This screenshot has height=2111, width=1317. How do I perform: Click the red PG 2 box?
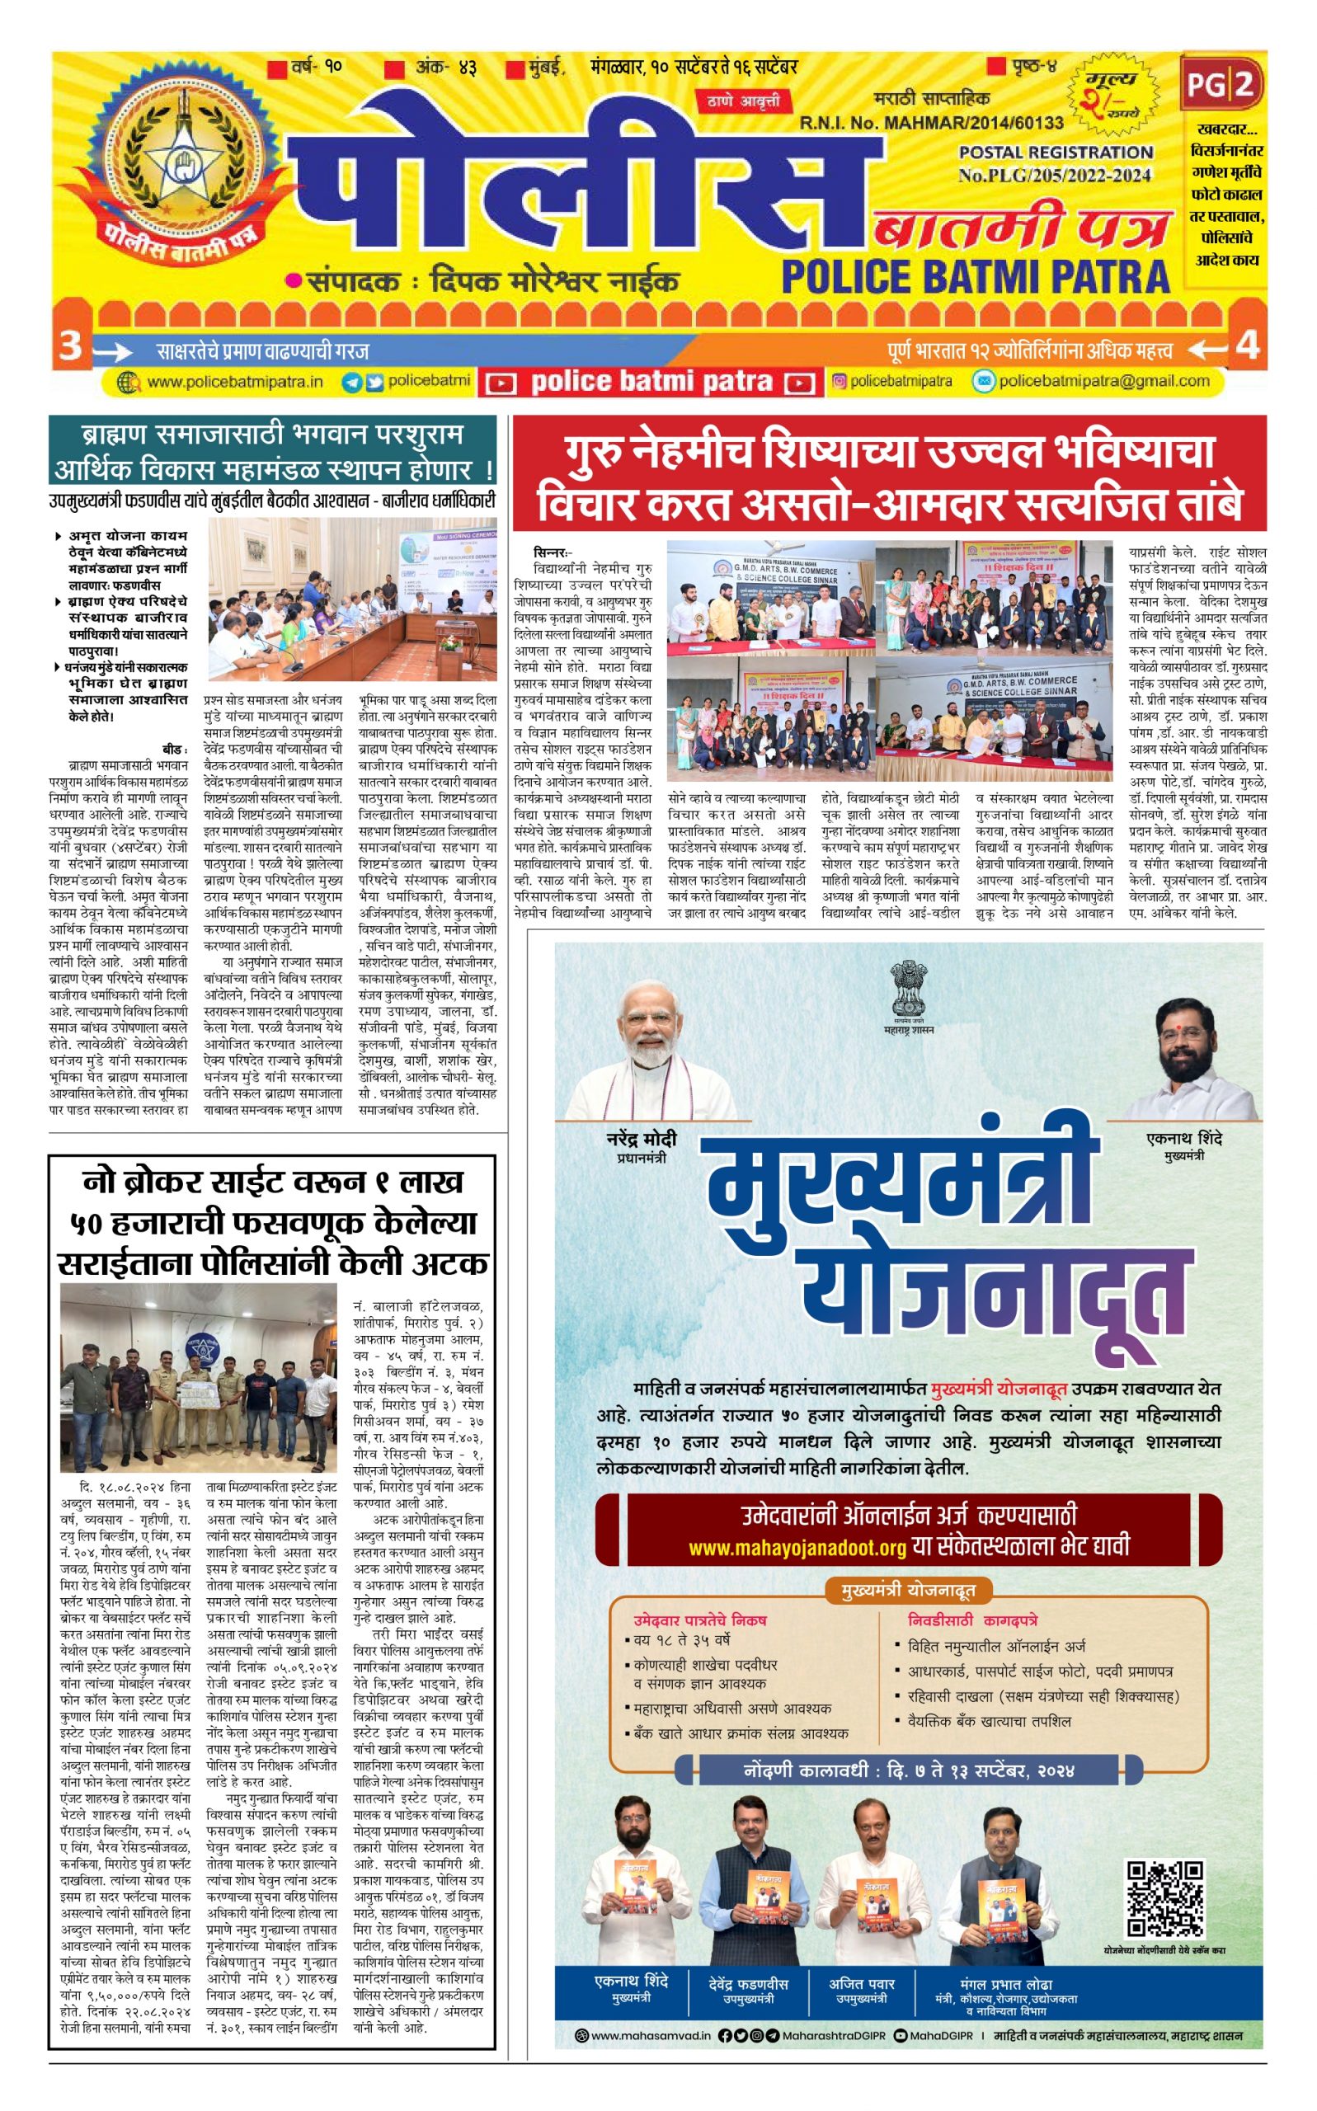coord(1221,83)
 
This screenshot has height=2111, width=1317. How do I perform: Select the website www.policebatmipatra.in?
coord(234,383)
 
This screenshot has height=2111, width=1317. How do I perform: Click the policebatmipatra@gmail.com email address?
coord(1103,381)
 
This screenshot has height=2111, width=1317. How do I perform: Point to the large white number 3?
coord(69,346)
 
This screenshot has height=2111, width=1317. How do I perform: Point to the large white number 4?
coord(1248,346)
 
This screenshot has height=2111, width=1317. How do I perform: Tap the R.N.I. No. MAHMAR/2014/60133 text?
coord(930,123)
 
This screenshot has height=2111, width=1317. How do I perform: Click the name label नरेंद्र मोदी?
coord(641,1139)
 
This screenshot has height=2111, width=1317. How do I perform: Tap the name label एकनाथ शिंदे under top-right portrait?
coord(1183,1139)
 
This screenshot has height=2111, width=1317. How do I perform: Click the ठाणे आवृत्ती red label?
coord(742,101)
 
